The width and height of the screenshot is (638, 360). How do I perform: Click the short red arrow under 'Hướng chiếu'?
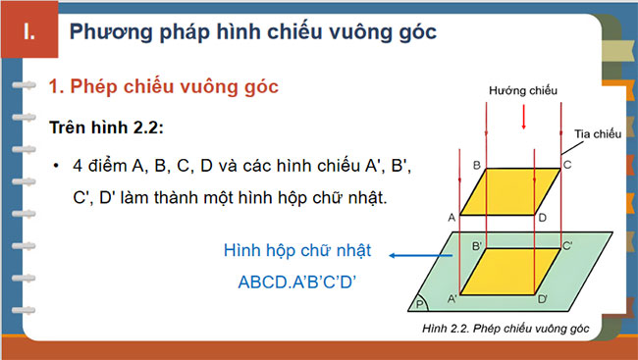tap(523, 117)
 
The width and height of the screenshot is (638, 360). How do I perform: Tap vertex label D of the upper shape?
tap(542, 217)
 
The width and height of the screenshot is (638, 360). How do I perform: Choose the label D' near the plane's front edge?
tap(543, 297)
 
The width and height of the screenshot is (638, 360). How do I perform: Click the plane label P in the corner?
tap(423, 304)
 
